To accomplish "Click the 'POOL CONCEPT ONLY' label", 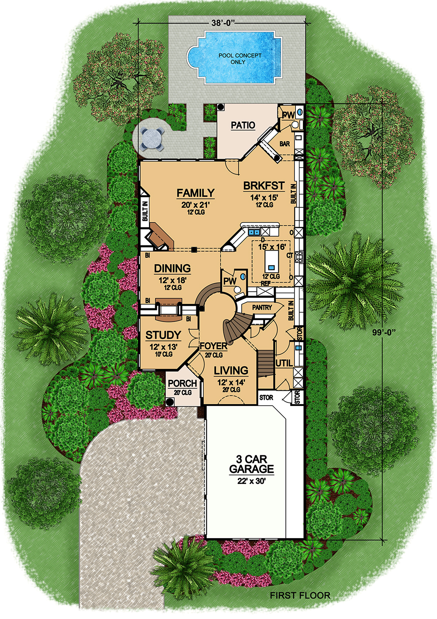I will [240, 59].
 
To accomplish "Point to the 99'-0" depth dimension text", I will [384, 332].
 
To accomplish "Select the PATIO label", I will [243, 125].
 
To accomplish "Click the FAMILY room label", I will [195, 193].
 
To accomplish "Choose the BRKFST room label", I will [264, 186].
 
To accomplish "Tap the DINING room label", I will [172, 268].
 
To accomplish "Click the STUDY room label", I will [163, 335].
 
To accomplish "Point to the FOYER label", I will [213, 346].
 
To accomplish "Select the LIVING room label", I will [231, 371].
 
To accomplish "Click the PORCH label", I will [182, 384].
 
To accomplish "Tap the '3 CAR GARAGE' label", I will [252, 464].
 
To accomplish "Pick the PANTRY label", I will [262, 308].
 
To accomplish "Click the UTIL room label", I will [284, 363].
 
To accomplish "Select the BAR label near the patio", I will [284, 143].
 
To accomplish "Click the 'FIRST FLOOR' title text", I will [300, 595].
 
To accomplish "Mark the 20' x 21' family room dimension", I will [196, 204].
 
